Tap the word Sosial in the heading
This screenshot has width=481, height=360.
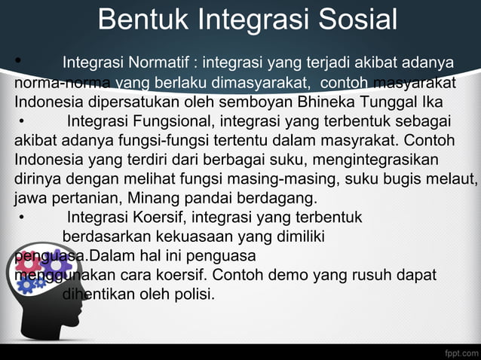(x=354, y=20)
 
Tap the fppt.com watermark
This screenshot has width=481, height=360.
(x=459, y=351)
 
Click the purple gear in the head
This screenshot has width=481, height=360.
(x=55, y=264)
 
